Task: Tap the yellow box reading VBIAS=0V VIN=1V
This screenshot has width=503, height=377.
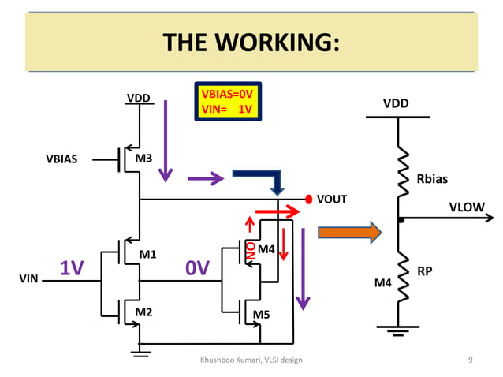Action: click(x=228, y=102)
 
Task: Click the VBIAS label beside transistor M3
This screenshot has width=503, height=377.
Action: click(x=61, y=159)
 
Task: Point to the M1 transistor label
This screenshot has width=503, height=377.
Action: click(x=148, y=255)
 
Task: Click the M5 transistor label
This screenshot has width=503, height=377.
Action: click(x=262, y=315)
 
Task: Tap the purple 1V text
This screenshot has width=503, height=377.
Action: click(x=72, y=269)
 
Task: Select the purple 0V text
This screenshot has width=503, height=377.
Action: click(x=197, y=269)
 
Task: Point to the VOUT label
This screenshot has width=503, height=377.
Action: click(x=332, y=199)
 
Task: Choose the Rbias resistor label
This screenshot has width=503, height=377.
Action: click(x=432, y=179)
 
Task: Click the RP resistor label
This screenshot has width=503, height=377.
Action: click(x=424, y=271)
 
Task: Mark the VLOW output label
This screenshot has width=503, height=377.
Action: click(x=467, y=207)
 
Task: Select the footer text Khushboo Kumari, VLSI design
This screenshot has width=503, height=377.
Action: click(x=251, y=360)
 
